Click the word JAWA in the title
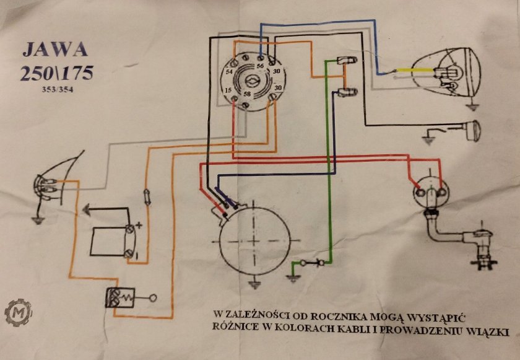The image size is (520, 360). pyautogui.click(x=55, y=50)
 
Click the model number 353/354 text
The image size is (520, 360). pyautogui.click(x=58, y=90)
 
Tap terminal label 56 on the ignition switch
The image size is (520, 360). pyautogui.click(x=261, y=66)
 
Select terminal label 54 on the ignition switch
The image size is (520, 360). pyautogui.click(x=229, y=72)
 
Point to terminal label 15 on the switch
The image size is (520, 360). pyautogui.click(x=228, y=90)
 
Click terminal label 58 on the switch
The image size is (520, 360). pyautogui.click(x=247, y=94)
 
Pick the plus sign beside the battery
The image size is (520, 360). pyautogui.click(x=139, y=226)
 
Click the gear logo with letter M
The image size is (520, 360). pyautogui.click(x=18, y=312)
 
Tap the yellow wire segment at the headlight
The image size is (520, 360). pyautogui.click(x=415, y=71)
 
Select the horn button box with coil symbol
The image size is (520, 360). pyautogui.click(x=120, y=297)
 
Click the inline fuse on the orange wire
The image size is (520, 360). pyautogui.click(x=147, y=197)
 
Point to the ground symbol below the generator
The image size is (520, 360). pyautogui.click(x=254, y=284)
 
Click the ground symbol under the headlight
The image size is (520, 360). pyautogui.click(x=472, y=107)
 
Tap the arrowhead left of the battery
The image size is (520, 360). pyautogui.click(x=86, y=209)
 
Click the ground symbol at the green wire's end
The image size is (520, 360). pyautogui.click(x=293, y=278)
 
